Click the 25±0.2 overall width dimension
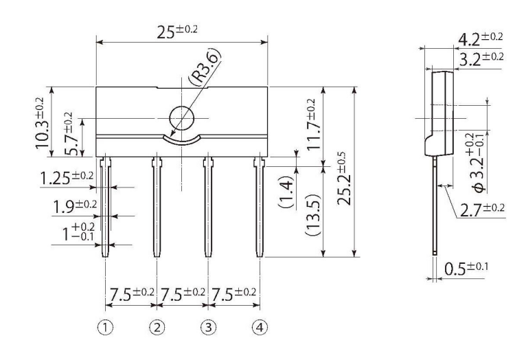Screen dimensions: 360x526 click(183, 31)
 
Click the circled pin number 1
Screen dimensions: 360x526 click(104, 328)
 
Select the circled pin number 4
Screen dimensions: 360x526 click(260, 328)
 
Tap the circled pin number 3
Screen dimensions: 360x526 click(208, 328)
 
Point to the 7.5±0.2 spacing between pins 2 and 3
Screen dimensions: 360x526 click(182, 293)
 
